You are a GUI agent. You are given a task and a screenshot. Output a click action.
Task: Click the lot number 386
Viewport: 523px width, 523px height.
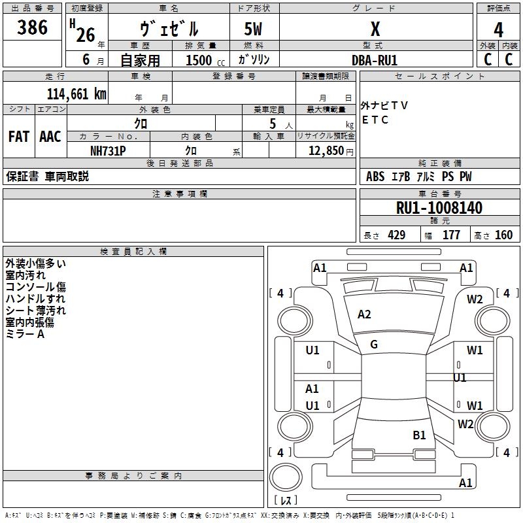coord(33,28)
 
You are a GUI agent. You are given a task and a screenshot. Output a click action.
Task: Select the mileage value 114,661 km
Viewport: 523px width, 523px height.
coord(76,93)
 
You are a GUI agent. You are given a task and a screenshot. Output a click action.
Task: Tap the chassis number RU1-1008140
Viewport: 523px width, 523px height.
coord(439,208)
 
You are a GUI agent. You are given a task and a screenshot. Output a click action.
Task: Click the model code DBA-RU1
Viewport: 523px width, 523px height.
coord(375,60)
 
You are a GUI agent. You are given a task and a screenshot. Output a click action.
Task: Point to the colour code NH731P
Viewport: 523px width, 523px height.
coord(108,150)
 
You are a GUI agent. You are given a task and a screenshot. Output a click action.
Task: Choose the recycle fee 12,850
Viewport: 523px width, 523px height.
coord(326,150)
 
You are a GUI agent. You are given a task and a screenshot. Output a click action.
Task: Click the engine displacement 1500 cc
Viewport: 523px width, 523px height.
coord(199,60)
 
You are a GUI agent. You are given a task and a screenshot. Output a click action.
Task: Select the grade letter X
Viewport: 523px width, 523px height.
coord(375,29)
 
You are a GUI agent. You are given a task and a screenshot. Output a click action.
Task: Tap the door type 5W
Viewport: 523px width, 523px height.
coord(254,29)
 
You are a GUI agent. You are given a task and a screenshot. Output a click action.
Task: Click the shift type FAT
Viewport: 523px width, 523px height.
coord(18,137)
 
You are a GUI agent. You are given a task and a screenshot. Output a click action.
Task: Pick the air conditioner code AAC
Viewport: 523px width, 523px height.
coord(50,137)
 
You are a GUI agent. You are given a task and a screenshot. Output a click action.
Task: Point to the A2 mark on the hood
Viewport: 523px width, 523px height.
coord(364,314)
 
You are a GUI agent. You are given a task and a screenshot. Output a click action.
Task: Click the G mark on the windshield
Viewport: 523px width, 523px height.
coord(374,345)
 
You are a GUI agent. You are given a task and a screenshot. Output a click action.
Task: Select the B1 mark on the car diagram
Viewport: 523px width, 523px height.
coord(419,435)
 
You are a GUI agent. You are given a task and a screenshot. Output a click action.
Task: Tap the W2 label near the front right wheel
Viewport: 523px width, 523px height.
coord(475,299)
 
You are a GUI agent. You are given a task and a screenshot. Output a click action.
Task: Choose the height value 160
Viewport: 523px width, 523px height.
coord(503,235)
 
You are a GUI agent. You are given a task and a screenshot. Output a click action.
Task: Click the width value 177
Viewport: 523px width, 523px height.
coord(451,235)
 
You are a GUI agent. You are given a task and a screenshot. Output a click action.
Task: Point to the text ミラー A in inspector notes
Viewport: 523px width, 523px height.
coord(25,334)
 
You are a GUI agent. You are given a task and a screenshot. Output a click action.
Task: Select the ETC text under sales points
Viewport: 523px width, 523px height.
coord(375,120)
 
